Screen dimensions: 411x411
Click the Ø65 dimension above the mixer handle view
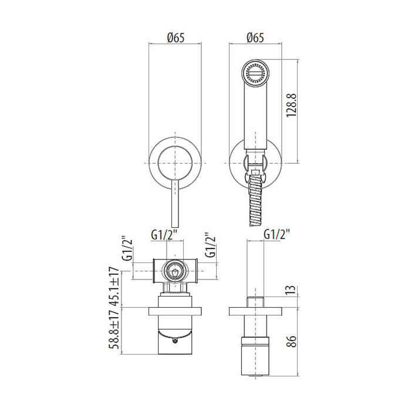coord(176,38)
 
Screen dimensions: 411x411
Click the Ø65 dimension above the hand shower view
coord(255,38)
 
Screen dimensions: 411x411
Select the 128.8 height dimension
coord(292,105)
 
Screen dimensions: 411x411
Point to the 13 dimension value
coord(292,290)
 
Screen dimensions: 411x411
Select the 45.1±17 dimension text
coord(114,287)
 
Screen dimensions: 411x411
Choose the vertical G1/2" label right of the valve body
coord(210,245)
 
